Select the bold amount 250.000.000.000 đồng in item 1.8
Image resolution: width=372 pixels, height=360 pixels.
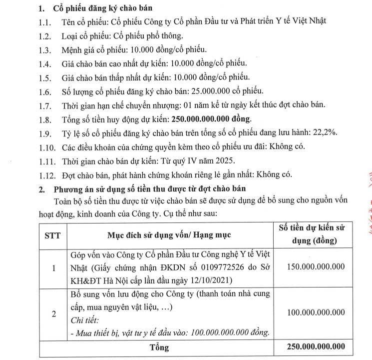click(x=212, y=119)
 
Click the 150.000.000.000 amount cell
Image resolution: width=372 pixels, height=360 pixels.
click(x=316, y=268)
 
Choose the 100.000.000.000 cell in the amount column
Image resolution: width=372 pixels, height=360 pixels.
click(x=316, y=312)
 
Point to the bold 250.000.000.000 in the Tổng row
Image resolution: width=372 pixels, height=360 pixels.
click(x=316, y=347)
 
